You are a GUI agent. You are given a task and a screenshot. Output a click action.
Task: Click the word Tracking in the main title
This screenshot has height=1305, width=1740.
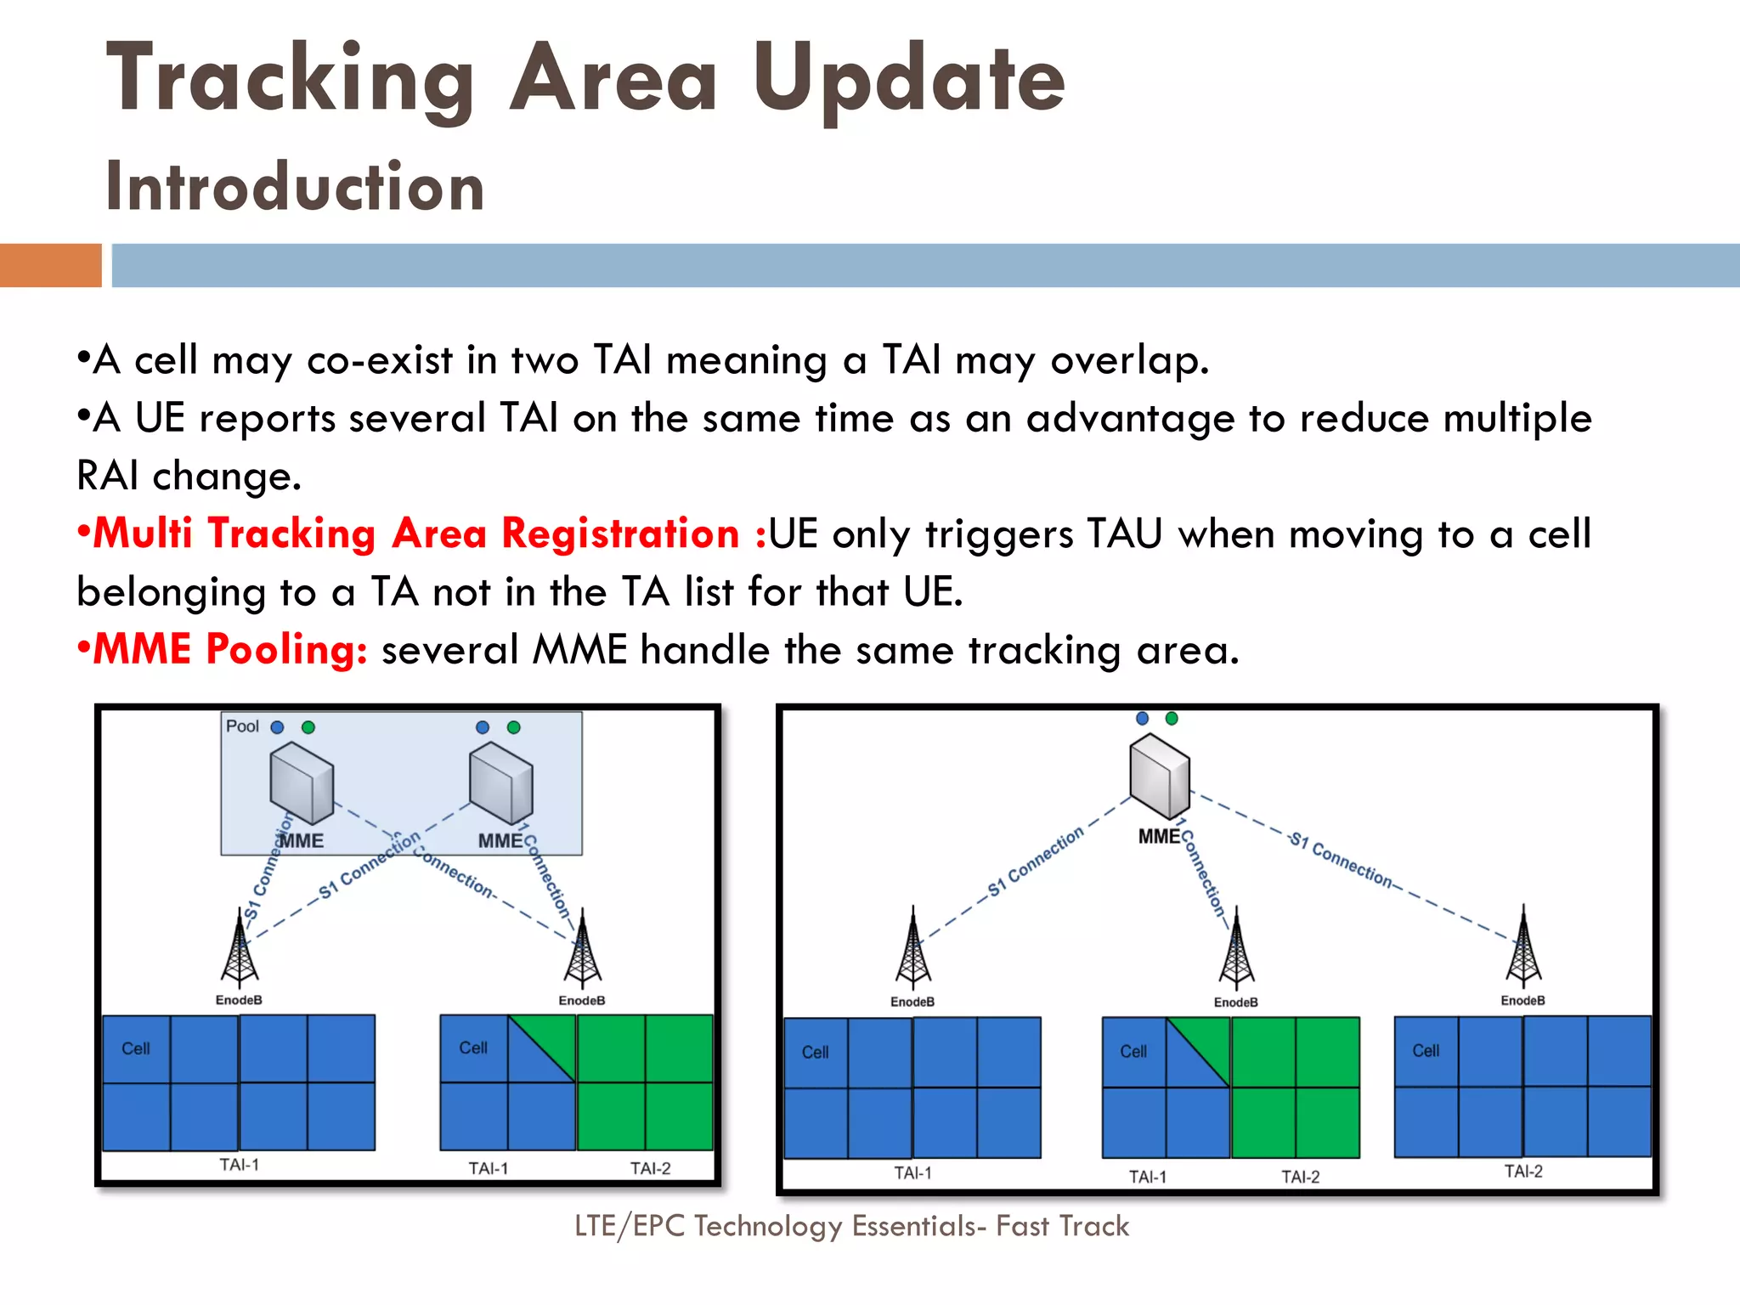tap(289, 79)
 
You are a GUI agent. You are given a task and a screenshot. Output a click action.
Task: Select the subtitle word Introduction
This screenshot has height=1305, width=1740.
tap(295, 187)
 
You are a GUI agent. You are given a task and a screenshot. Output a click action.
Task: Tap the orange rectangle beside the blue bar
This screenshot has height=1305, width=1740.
tap(50, 265)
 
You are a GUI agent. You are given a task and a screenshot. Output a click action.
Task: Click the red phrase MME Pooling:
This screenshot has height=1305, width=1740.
tap(230, 650)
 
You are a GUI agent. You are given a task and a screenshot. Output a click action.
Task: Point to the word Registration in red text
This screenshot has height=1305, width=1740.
tap(620, 534)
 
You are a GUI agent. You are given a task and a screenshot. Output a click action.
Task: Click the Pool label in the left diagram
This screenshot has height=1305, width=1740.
tap(242, 726)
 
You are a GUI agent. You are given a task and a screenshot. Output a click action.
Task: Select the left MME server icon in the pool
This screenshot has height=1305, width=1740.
tap(302, 783)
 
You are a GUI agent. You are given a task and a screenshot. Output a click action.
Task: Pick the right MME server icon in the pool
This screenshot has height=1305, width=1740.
tap(501, 783)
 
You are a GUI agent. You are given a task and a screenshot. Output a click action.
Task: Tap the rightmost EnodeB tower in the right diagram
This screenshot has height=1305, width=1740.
tap(1523, 947)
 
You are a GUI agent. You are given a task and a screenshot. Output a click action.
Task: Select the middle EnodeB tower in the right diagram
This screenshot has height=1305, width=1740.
tap(1236, 950)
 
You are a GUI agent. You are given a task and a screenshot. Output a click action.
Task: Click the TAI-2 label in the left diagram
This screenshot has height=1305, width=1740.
tap(650, 1168)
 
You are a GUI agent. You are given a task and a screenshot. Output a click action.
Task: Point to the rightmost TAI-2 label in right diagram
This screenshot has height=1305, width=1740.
tap(1523, 1172)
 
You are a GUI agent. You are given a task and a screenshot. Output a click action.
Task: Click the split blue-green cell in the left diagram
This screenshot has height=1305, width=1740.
tap(542, 1048)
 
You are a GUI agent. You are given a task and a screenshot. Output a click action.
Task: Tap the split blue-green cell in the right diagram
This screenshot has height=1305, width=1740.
tap(1198, 1052)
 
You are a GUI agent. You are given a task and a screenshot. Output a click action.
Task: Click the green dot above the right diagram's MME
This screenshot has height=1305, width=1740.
tap(1172, 719)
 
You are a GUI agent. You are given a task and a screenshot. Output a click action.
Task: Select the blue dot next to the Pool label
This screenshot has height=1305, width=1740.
tap(277, 727)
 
